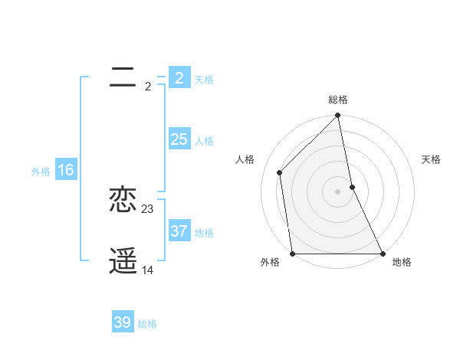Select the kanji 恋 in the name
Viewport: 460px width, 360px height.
123,200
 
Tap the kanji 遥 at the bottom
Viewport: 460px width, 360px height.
123,261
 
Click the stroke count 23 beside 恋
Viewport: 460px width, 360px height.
148,209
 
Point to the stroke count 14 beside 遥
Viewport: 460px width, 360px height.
148,270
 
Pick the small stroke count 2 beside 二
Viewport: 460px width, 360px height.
148,87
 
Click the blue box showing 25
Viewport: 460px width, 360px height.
179,139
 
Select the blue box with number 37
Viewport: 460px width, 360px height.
179,231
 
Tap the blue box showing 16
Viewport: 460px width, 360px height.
65,170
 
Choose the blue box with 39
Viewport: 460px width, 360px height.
122,322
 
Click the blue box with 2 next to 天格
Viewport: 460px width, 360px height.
179,78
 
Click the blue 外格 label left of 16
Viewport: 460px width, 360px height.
41,172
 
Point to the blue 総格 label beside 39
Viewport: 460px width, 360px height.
147,324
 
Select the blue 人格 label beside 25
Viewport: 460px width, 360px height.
204,141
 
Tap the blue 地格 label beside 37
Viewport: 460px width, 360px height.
204,233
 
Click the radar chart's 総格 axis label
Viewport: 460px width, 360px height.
338,100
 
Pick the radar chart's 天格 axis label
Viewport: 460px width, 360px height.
431,159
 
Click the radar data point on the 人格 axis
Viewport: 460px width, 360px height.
280,172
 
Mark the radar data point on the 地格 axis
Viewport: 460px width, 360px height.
383,254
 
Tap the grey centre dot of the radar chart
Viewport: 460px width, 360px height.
338,191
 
